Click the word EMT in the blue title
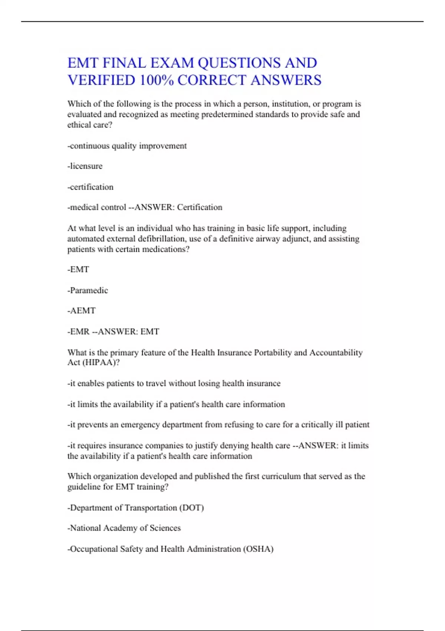tap(83, 63)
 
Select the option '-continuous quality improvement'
tap(127, 146)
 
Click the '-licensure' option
tap(85, 166)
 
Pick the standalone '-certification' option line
tap(90, 187)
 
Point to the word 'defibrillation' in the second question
tap(162, 239)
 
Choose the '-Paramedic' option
tap(88, 290)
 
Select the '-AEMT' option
tap(82, 311)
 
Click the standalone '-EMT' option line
tap(78, 269)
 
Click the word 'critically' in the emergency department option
tap(317, 425)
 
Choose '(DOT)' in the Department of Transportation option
tap(192, 508)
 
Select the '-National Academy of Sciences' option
tap(124, 528)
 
